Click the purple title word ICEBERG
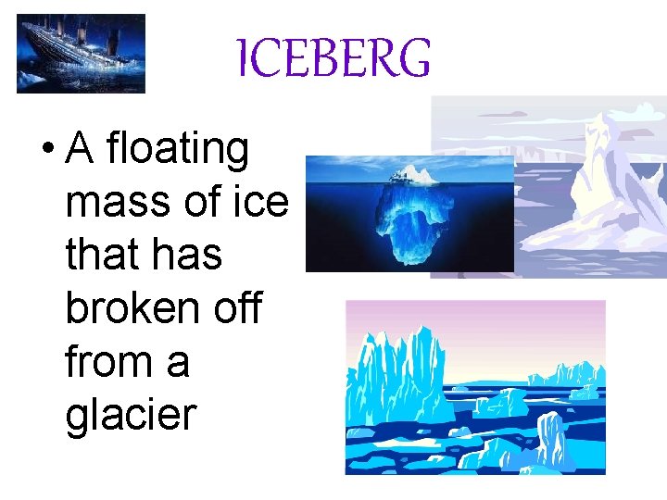coord(333,58)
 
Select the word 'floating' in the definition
coord(178,150)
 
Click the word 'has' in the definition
coord(188,254)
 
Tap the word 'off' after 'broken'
coord(241,307)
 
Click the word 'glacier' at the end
coord(132,414)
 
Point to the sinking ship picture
coord(81,54)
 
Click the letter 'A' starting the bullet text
coord(81,150)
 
